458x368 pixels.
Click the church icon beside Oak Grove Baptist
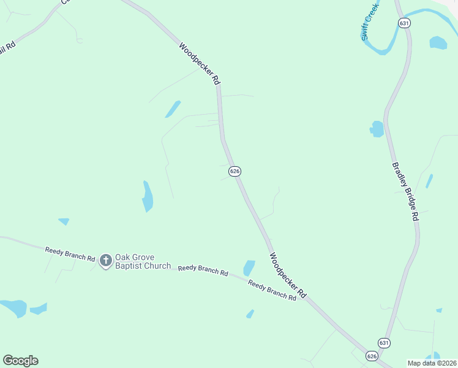click(x=105, y=261)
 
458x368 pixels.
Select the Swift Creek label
click(x=370, y=21)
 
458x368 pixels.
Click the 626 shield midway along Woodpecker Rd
click(x=235, y=172)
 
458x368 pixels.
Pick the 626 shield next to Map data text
click(x=372, y=356)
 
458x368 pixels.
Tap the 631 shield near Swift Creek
click(x=403, y=22)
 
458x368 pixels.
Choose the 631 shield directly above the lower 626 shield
click(x=384, y=343)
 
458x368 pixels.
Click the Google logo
click(x=20, y=361)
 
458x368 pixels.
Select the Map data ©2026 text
click(x=432, y=362)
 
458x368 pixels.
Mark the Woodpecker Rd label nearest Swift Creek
click(x=200, y=63)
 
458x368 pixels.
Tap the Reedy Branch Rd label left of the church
click(x=70, y=255)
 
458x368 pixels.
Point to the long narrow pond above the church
click(x=148, y=196)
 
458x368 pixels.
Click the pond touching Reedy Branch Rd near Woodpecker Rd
click(x=249, y=268)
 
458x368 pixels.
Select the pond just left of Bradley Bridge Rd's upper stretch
click(x=377, y=129)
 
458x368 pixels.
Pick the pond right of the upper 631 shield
click(x=438, y=43)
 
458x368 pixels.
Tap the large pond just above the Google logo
click(x=13, y=307)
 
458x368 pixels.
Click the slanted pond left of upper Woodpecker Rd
click(x=173, y=109)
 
